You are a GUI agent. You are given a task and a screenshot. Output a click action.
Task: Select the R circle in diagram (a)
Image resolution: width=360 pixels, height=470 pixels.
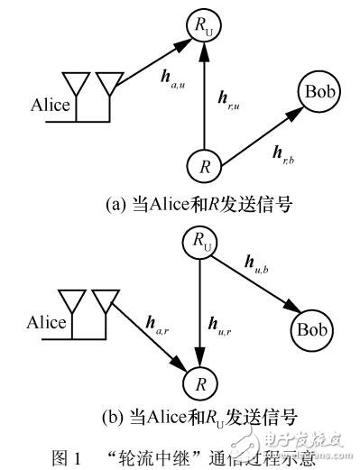coord(204,166)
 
